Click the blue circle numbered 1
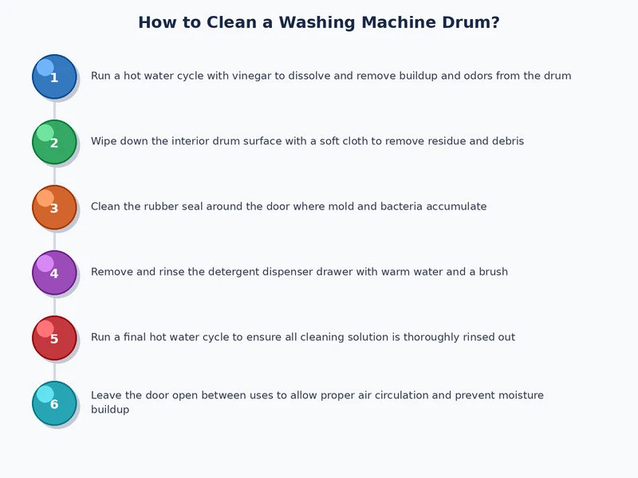point(54,76)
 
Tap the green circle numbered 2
point(54,142)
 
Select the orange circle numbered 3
point(54,207)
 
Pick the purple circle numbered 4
point(54,272)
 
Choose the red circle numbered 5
point(54,338)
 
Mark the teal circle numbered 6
point(54,403)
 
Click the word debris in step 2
point(505,142)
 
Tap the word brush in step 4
point(493,272)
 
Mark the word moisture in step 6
point(518,396)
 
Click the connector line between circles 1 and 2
point(54,109)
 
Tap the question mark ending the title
point(494,22)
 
